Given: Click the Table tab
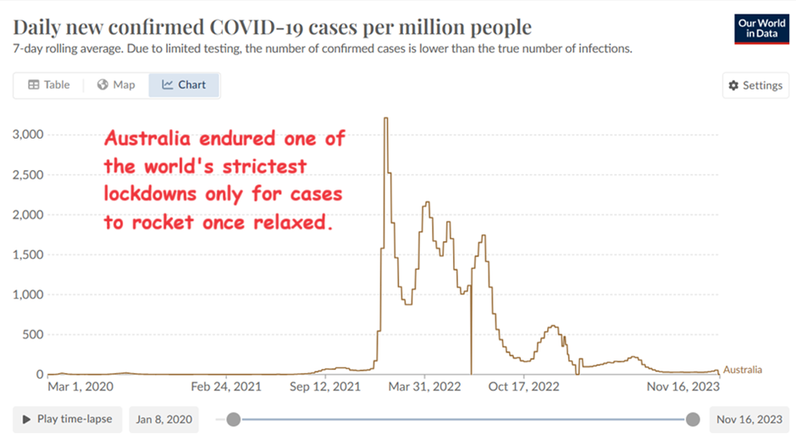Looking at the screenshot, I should pos(48,85).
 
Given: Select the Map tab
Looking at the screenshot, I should pos(116,85).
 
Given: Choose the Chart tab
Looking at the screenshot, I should pos(184,85).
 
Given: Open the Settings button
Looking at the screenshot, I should pos(754,85).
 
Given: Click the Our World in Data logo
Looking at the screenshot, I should pos(756,28).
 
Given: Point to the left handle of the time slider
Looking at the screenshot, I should pos(234,419).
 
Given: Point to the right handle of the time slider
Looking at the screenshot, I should pos(693,419).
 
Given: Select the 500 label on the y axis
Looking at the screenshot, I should pos(32,334).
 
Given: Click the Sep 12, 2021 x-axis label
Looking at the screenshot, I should pos(318,387).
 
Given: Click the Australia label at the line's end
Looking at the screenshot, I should pos(743,370).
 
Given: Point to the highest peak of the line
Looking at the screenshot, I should pos(386,118).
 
